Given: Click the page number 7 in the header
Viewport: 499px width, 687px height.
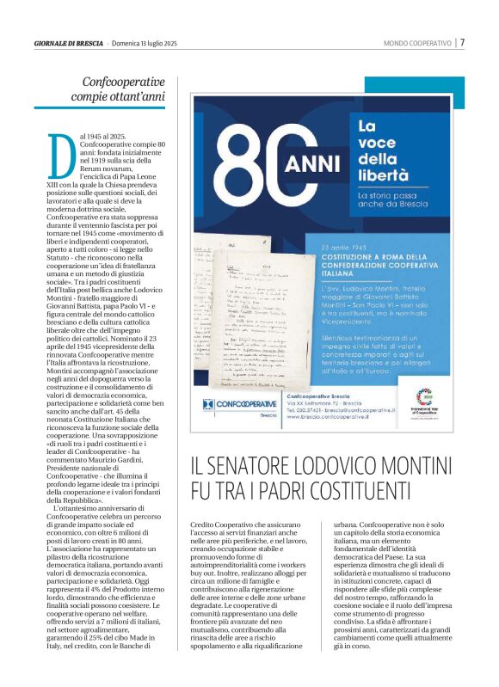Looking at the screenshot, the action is [x=462, y=42].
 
